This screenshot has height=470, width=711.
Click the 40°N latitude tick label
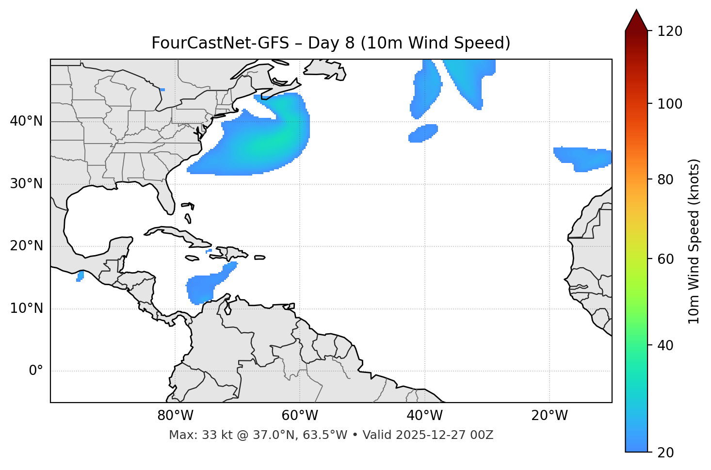(26, 121)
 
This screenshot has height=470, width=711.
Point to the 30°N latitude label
(26, 184)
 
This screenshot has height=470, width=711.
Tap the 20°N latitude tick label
(26, 246)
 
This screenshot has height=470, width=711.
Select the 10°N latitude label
(26, 308)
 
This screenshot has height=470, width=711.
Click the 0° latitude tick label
(36, 371)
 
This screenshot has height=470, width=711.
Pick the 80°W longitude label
(175, 416)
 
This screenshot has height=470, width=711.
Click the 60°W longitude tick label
(300, 416)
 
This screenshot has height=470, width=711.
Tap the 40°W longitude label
(425, 416)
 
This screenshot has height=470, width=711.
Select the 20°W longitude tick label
(549, 416)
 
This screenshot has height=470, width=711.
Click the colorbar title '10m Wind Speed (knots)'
(694, 241)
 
